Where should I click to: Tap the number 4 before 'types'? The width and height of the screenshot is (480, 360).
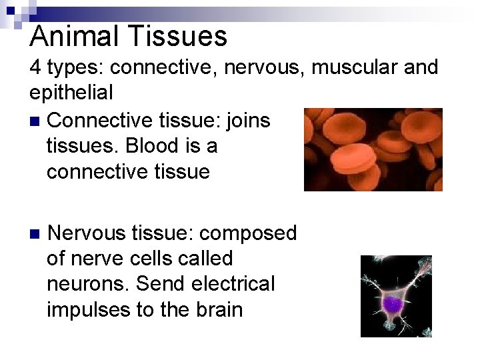pyautogui.click(x=35, y=68)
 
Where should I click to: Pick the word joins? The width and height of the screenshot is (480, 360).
pyautogui.click(x=246, y=120)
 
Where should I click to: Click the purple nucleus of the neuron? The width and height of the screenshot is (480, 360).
pyautogui.click(x=393, y=304)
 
